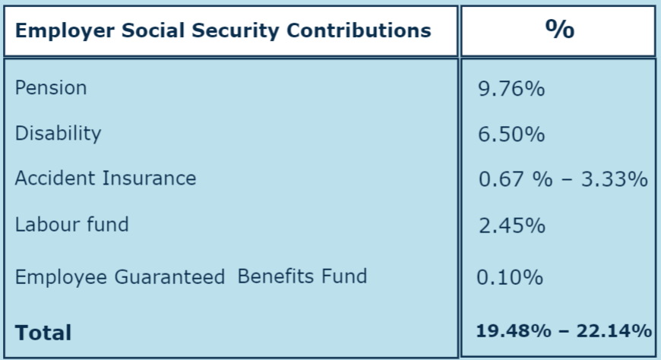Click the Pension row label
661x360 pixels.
(51, 88)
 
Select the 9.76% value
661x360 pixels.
(511, 90)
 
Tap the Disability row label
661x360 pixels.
(58, 134)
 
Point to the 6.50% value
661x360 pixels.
(511, 135)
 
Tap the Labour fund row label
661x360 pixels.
(72, 224)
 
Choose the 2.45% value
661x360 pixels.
(511, 226)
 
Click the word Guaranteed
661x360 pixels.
(170, 276)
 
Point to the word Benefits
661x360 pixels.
(275, 276)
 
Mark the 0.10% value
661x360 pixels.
(510, 277)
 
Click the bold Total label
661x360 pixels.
(43, 333)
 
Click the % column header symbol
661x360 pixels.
(559, 30)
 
